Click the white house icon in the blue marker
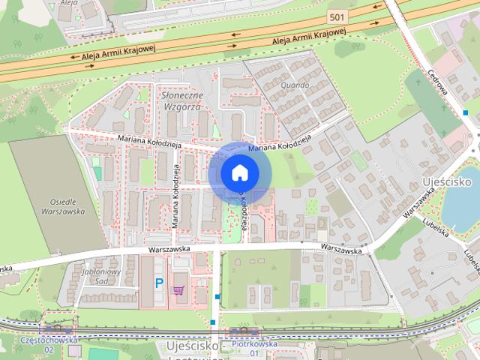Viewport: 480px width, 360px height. pyautogui.click(x=239, y=173)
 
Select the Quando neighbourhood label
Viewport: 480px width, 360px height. pyautogui.click(x=295, y=85)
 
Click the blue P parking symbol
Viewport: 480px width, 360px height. pyautogui.click(x=159, y=283)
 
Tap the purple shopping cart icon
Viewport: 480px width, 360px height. pyautogui.click(x=179, y=289)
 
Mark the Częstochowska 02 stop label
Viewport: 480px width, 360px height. pyautogui.click(x=49, y=344)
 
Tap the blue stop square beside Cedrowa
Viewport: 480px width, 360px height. pyautogui.click(x=466, y=113)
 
